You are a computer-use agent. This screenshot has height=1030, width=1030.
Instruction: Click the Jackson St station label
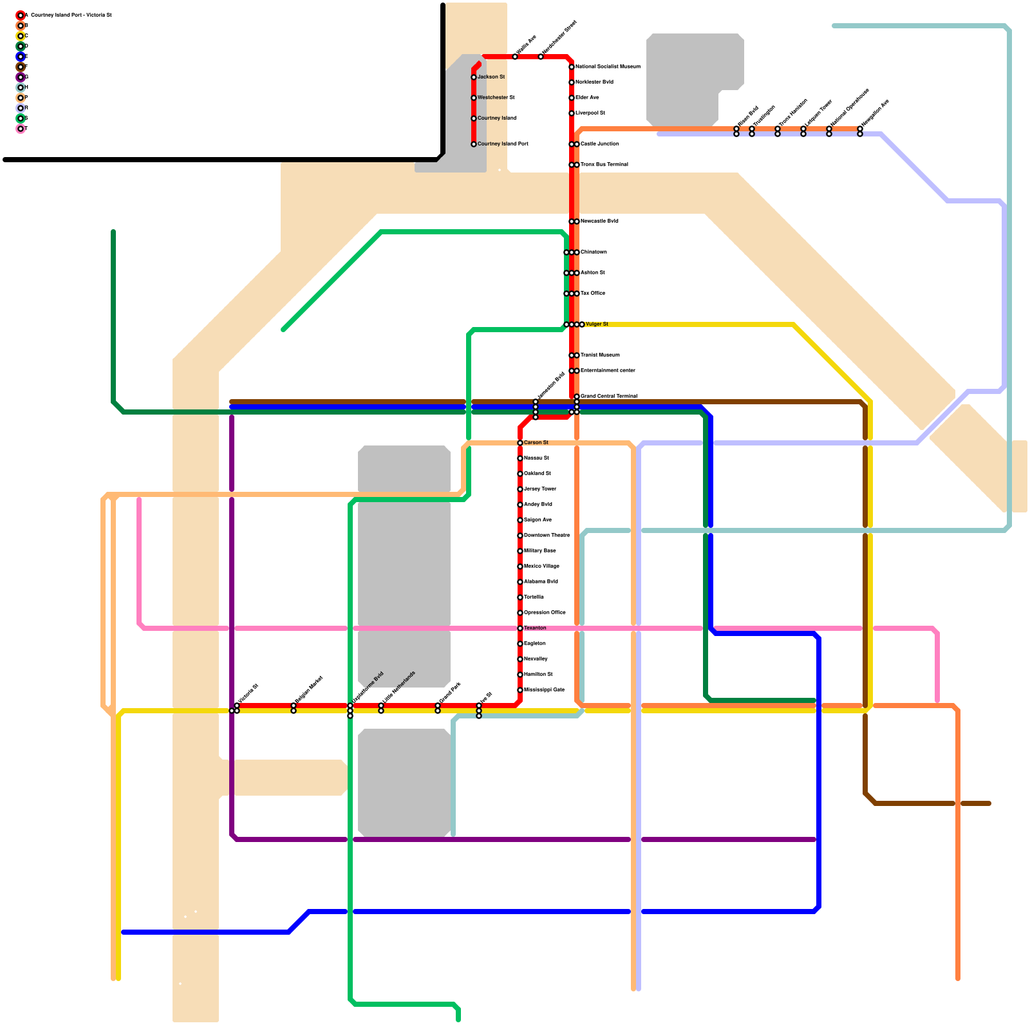pyautogui.click(x=491, y=77)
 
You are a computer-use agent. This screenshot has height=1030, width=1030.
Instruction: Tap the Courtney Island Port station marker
pyautogui.click(x=474, y=144)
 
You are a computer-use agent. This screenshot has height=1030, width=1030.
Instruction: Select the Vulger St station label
pyautogui.click(x=597, y=324)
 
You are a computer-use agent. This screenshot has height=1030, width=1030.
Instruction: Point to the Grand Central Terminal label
pyautogui.click(x=608, y=396)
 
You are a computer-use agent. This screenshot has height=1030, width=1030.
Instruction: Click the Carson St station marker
pyautogui.click(x=520, y=443)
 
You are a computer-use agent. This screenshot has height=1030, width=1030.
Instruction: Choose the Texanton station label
pyautogui.click(x=535, y=628)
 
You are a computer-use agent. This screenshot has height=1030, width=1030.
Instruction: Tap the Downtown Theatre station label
pyautogui.click(x=547, y=536)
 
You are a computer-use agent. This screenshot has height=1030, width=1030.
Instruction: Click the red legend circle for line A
pyautogui.click(x=21, y=15)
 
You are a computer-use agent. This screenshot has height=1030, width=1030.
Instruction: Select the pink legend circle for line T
pyautogui.click(x=21, y=129)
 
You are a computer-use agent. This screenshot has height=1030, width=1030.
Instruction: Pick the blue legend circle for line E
pyautogui.click(x=21, y=57)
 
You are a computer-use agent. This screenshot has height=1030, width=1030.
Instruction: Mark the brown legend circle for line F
pyautogui.click(x=21, y=67)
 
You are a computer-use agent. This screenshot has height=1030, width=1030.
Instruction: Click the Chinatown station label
pyautogui.click(x=594, y=252)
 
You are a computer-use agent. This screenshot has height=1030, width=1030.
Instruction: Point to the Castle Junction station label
pyautogui.click(x=599, y=144)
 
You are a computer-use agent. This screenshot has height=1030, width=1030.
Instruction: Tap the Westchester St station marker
pyautogui.click(x=474, y=98)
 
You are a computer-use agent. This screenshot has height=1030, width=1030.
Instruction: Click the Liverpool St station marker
pyautogui.click(x=572, y=113)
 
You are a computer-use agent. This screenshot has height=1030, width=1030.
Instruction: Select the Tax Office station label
pyautogui.click(x=592, y=294)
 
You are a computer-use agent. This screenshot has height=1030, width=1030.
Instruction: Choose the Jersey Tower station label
pyautogui.click(x=540, y=489)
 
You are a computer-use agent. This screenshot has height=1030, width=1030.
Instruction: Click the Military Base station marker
pyautogui.click(x=520, y=551)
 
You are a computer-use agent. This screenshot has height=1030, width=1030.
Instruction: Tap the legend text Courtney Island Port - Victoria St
pyautogui.click(x=71, y=15)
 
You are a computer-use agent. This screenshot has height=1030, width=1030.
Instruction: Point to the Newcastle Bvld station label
pyautogui.click(x=599, y=221)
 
